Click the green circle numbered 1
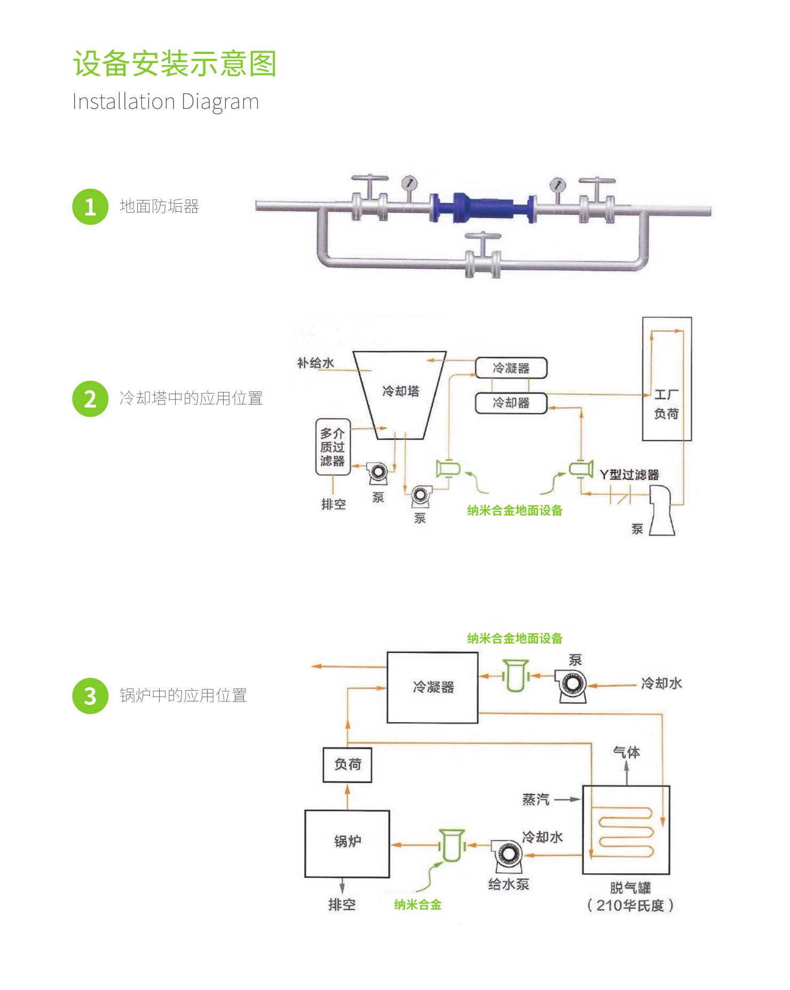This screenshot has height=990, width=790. click(90, 207)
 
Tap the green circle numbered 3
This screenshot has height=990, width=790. click(90, 696)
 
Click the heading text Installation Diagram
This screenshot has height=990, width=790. click(165, 101)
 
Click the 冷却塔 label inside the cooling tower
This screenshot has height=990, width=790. click(400, 391)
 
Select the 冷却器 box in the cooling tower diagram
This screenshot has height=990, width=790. click(511, 403)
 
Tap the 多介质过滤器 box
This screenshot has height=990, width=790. click(333, 447)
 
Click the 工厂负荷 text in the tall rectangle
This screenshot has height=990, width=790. click(666, 404)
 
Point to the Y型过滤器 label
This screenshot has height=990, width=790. click(629, 475)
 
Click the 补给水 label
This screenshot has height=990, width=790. click(315, 363)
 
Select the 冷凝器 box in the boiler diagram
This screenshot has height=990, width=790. click(432, 687)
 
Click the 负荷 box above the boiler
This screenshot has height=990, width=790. click(347, 764)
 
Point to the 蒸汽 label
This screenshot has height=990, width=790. click(535, 800)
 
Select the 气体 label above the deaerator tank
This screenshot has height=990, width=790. click(626, 752)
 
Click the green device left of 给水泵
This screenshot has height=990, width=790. click(452, 845)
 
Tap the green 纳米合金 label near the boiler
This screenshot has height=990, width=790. click(417, 905)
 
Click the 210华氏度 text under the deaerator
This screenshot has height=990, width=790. click(630, 905)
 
